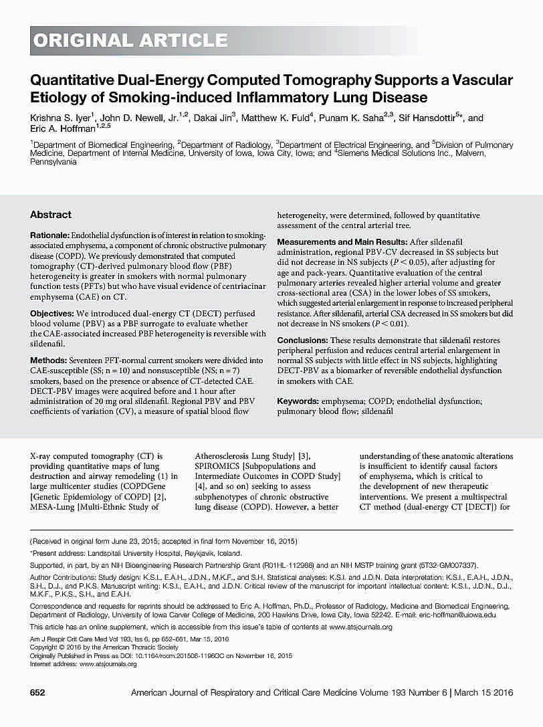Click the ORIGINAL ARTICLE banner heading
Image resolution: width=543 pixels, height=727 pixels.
pos(130,41)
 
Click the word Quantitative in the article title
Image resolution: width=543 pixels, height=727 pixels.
pos(74,81)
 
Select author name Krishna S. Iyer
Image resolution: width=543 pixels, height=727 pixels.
pos(61,118)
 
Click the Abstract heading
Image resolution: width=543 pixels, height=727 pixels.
pos(50,215)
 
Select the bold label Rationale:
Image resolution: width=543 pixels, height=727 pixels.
pos(49,237)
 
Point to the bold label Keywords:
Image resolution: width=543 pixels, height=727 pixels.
pos(298,401)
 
